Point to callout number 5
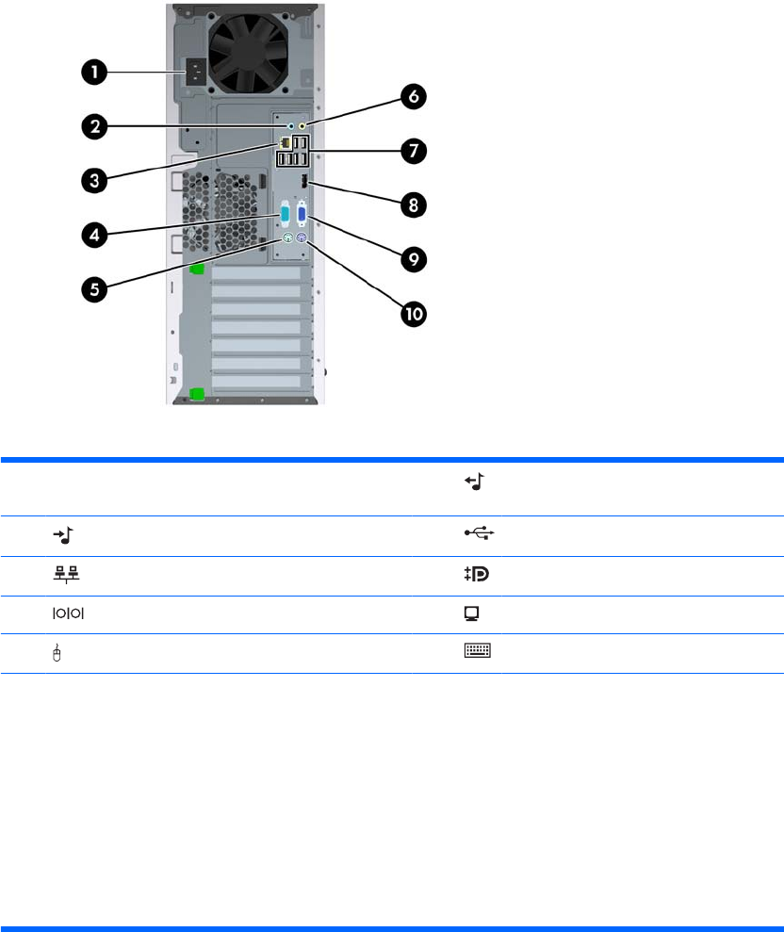pos(92,288)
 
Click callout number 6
pos(414,95)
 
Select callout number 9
pos(414,257)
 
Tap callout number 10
pos(414,313)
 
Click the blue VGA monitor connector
pos(302,216)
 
